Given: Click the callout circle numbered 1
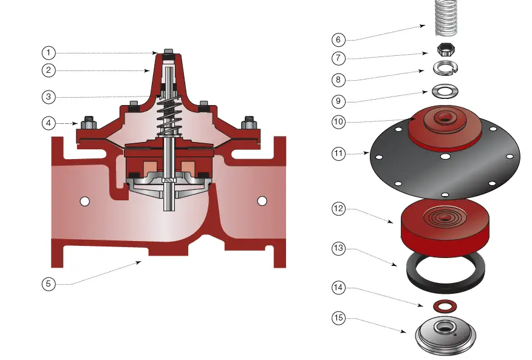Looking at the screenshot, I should coord(49,53).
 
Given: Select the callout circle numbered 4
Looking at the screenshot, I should coord(49,123).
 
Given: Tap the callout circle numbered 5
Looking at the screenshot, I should coord(49,284).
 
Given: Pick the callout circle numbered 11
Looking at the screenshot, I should coord(339,154).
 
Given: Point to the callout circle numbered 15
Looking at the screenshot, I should coord(339,318).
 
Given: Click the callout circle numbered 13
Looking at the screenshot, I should coord(339,248).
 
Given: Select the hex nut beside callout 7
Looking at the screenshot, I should coord(446,50).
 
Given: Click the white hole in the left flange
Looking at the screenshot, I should coord(85,201).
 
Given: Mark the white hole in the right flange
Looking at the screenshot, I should coord(262,201).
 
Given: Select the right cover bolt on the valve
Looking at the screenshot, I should coord(248,123).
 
